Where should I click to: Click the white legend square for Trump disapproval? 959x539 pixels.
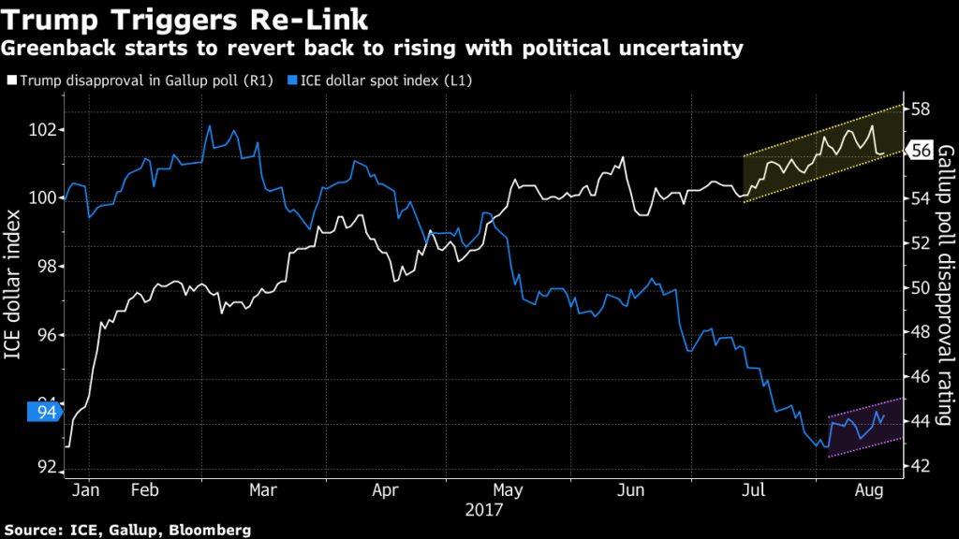(11, 81)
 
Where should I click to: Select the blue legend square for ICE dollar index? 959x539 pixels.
(291, 81)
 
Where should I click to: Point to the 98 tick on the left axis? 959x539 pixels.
(47, 268)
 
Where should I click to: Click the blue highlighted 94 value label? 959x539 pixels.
(44, 411)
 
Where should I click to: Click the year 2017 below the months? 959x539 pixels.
(483, 510)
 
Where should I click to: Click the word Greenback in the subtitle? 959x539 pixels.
(50, 47)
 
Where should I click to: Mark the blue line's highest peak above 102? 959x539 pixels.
(210, 125)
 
